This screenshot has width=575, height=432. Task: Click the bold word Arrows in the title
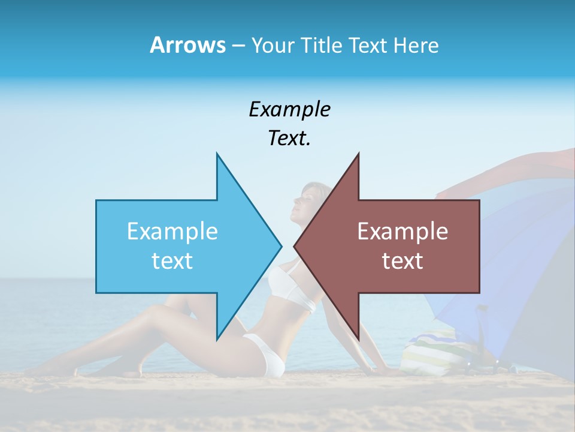click(x=187, y=45)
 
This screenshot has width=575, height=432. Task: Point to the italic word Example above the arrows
click(x=289, y=110)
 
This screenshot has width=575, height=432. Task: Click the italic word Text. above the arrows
click(x=289, y=139)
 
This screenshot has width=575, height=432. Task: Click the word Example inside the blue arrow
click(x=172, y=232)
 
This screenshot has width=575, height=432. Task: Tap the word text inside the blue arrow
click(x=172, y=261)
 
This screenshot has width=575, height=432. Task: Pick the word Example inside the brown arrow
click(x=402, y=232)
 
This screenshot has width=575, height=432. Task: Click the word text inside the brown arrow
click(x=402, y=261)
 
